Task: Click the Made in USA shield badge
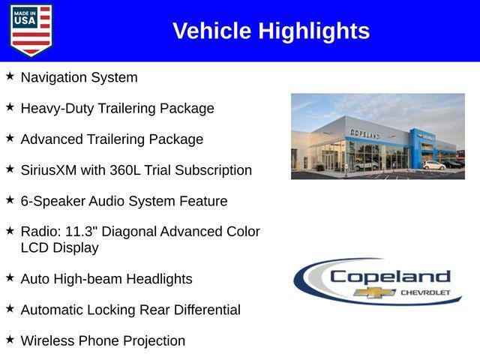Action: pos(31,31)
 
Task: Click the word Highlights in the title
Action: pos(314,31)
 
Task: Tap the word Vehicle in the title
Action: pos(212,31)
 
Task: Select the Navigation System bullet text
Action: pos(79,77)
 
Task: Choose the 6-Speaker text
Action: pos(51,201)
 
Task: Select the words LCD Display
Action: pos(59,247)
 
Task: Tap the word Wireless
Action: pos(47,340)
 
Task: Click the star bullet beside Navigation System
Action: pos(10,76)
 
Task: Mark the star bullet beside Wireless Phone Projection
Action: pos(10,340)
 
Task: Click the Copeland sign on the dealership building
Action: pos(364,133)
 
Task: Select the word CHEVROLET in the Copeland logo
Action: pos(425,292)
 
